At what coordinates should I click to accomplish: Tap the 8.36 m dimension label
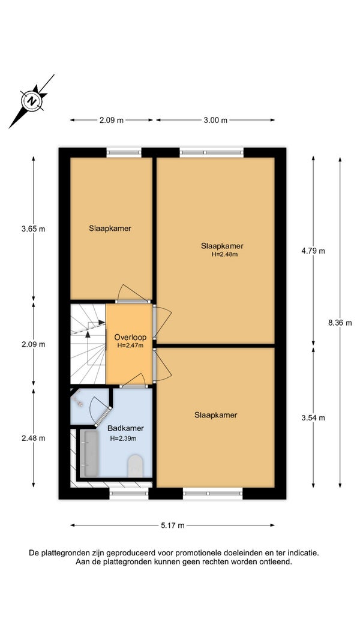point(340,323)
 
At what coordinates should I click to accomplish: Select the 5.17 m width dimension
point(173,525)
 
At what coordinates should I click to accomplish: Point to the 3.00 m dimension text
point(216,120)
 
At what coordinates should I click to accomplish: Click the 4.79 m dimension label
point(313,251)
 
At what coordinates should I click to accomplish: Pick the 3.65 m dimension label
point(34,229)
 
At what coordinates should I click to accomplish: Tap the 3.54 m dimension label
point(313,418)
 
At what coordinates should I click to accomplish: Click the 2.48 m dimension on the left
point(34,438)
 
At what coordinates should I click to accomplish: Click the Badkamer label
point(126,429)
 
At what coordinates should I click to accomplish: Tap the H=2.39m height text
point(123,439)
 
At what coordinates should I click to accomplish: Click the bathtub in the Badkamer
point(89,453)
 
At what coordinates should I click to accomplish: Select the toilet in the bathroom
point(136,467)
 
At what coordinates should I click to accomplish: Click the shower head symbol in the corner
point(79,401)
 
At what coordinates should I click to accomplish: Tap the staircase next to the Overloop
point(88,344)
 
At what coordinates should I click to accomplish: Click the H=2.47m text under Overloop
point(130,345)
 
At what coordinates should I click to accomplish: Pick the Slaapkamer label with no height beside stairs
point(110,229)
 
